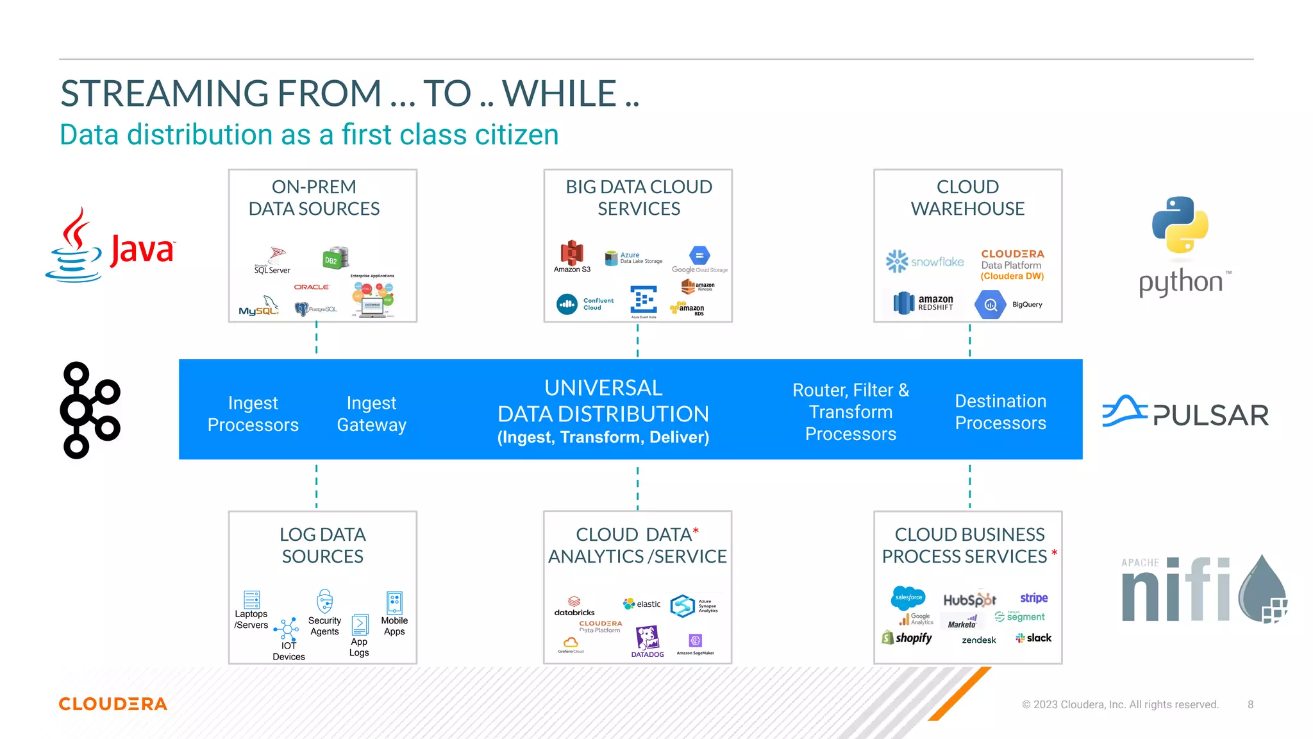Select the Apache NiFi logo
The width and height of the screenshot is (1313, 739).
(1203, 590)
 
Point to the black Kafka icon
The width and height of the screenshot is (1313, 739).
(90, 410)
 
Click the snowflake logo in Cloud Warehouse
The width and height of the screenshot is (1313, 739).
(924, 261)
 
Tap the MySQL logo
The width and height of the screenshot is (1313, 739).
(258, 307)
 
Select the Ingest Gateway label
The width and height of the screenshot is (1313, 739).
(371, 414)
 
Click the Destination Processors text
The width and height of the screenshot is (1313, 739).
(1000, 412)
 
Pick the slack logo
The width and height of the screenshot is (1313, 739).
(1033, 638)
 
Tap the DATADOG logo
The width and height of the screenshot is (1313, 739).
(648, 641)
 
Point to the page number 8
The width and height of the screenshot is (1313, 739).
(1250, 704)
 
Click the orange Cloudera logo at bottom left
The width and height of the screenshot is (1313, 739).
(113, 704)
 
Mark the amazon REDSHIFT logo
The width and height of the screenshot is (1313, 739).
(923, 303)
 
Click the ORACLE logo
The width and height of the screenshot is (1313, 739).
(312, 287)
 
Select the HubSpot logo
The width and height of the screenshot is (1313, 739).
(969, 600)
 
